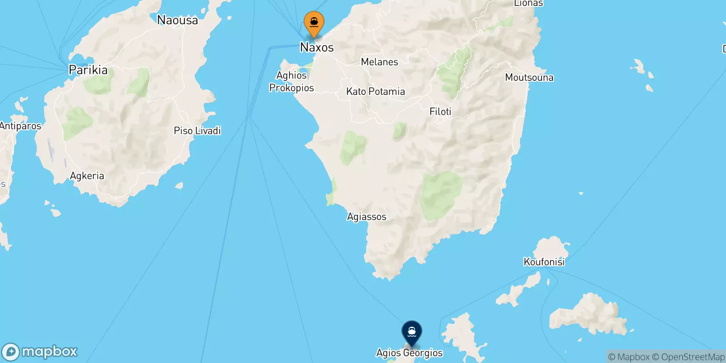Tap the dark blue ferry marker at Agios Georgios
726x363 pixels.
point(412,333)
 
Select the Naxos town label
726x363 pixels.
point(317,47)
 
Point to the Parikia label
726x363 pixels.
point(88,70)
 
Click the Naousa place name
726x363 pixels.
point(177,20)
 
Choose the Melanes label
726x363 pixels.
point(379,62)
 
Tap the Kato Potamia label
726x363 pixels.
point(375,92)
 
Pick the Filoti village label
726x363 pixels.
point(440,112)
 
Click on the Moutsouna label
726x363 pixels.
point(529,78)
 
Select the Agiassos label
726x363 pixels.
point(367,217)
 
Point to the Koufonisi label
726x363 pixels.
point(544,262)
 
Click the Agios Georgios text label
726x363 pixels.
point(409,353)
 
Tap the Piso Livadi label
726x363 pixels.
point(197,131)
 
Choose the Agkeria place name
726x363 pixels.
point(87,176)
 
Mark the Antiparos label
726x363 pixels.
point(20,126)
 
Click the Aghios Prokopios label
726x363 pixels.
point(291,82)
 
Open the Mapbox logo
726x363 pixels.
point(40,352)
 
